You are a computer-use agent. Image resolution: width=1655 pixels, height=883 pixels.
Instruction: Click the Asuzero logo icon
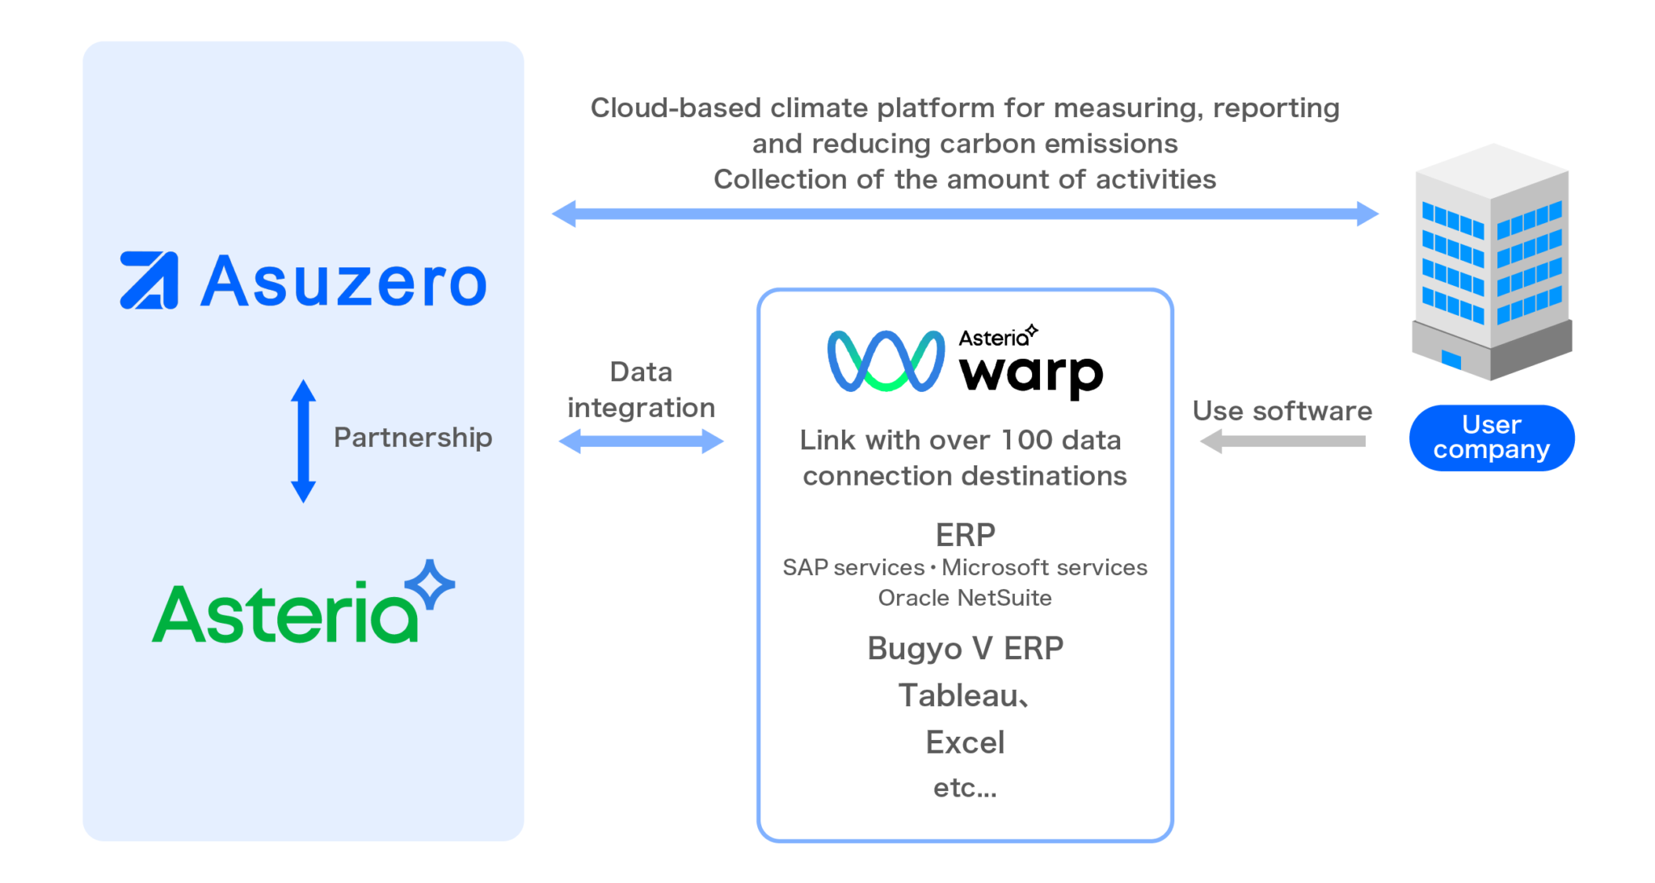(149, 280)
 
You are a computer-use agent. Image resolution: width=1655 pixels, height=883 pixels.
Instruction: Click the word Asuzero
(343, 282)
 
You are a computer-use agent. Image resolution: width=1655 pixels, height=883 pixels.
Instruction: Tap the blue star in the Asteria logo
(430, 583)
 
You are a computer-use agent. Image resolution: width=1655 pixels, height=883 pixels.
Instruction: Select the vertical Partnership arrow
(303, 441)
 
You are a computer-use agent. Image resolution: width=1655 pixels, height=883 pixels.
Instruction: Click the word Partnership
(412, 438)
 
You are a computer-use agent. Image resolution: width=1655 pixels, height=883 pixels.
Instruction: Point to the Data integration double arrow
(641, 441)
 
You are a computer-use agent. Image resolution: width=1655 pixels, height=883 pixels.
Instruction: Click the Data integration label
(641, 389)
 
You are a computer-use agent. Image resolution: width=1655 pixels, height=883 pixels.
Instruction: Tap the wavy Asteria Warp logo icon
(886, 361)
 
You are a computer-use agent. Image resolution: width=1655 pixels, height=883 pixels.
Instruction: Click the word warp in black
(1030, 373)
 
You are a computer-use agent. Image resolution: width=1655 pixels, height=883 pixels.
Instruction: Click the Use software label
(1282, 410)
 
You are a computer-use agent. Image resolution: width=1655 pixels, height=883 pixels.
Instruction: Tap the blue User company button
(1491, 437)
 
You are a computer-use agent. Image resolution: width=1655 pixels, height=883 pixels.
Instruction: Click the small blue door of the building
(1451, 359)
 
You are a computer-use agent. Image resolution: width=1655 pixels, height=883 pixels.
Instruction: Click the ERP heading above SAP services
(965, 535)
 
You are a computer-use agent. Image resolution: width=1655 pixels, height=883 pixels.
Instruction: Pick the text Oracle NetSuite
(965, 598)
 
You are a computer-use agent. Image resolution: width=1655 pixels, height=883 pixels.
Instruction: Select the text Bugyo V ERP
(965, 648)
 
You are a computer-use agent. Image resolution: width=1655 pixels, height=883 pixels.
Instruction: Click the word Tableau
(958, 696)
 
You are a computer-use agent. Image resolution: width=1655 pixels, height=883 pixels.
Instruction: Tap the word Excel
(965, 742)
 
